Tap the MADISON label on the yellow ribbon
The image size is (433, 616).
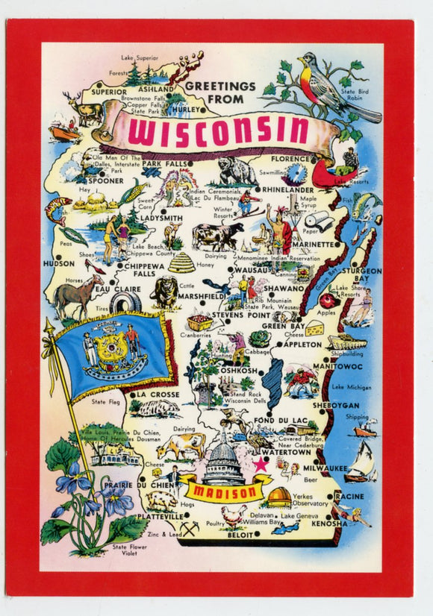[x=224, y=492]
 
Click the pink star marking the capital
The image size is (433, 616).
[x=261, y=465]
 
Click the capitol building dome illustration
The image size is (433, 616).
[x=222, y=459]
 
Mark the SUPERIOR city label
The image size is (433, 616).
[x=110, y=92]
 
